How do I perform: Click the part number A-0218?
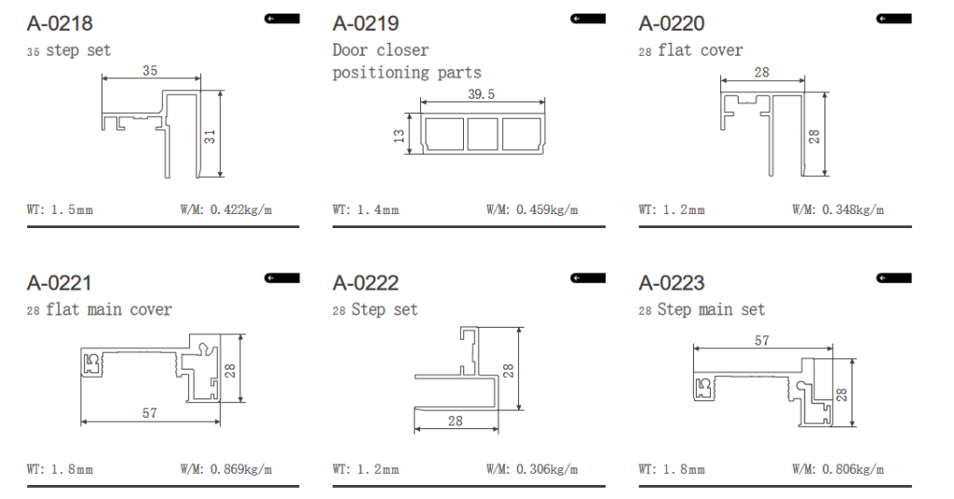pos(60,23)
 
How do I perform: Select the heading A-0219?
pos(365,23)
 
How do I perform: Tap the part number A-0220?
pos(672,23)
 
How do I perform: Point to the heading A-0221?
pos(60,283)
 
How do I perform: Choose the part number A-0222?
pos(365,283)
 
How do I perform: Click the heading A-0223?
pos(672,283)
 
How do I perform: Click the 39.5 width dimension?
pos(482,94)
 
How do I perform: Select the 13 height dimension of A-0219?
pos(399,136)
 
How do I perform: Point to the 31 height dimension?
pos(210,137)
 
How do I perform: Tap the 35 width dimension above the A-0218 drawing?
pos(150,71)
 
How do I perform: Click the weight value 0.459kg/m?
pos(547,210)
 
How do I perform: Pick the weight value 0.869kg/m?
pos(241,470)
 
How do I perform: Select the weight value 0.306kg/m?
pos(547,470)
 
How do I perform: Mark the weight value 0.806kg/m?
pos(853,470)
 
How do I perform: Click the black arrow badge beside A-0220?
pos(893,19)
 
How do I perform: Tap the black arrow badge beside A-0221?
pos(281,278)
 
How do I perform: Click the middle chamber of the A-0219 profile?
pos(483,134)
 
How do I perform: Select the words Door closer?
pos(381,50)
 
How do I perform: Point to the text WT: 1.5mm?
pos(60,210)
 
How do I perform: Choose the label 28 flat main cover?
pos(99,310)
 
